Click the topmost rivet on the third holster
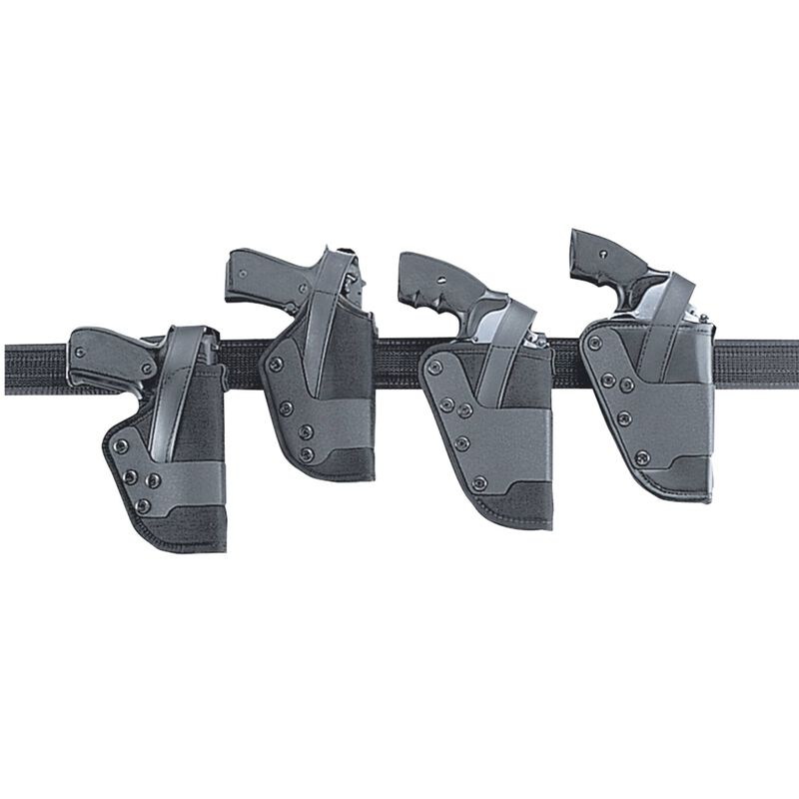(435, 368)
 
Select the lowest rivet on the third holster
(480, 483)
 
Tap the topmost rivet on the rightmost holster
(596, 343)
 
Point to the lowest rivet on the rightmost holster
(642, 458)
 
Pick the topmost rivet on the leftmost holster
(122, 445)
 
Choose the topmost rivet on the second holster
(276, 364)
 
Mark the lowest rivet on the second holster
(307, 454)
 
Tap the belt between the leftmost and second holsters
(243, 356)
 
